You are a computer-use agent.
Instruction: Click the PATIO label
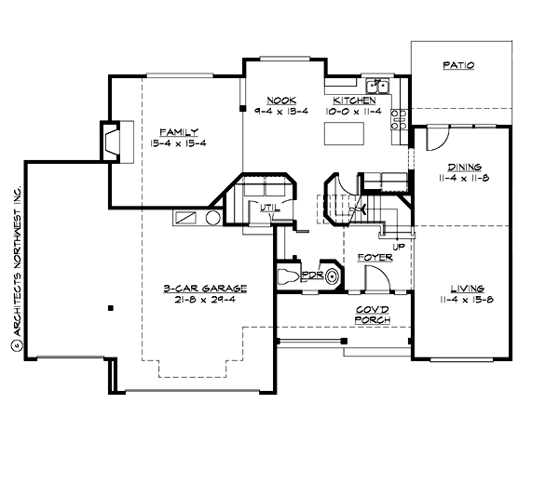tap(458, 66)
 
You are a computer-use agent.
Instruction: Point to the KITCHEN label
tap(355, 100)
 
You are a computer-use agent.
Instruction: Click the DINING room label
tap(457, 166)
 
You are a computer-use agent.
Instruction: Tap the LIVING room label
tap(457, 289)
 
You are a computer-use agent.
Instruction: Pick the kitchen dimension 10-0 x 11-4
tap(355, 111)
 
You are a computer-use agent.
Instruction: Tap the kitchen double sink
tap(377, 83)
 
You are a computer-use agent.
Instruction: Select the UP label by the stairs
tap(399, 247)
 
